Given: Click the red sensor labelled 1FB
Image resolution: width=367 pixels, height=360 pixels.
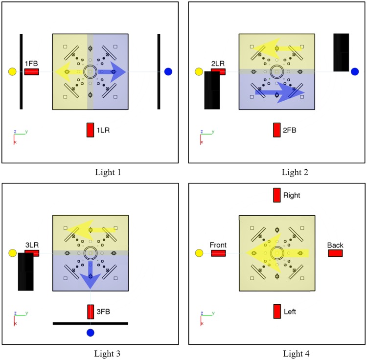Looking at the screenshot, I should tap(32, 72).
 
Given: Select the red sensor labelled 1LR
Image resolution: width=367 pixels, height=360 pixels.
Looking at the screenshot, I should tap(90, 130).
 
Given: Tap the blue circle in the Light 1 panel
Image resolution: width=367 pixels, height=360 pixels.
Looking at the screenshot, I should tap(168, 72).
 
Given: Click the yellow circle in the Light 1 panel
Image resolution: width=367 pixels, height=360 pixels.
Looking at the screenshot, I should tap(12, 72).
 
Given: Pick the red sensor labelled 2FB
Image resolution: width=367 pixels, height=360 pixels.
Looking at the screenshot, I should tap(277, 130).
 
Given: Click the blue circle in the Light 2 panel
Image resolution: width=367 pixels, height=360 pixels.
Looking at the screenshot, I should tap(355, 72).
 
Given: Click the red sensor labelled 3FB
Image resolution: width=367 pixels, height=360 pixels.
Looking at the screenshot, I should tap(91, 312).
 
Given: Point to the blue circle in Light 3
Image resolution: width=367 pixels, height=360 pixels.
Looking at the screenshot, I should tap(90, 333).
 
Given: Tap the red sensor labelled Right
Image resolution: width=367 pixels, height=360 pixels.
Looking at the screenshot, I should tap(277, 195).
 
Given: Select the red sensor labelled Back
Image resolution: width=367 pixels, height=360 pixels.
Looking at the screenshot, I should tap(335, 253).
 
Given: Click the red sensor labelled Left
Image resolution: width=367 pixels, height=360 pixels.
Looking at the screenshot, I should tap(277, 311).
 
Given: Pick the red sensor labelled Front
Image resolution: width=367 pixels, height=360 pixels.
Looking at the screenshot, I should tap(218, 253).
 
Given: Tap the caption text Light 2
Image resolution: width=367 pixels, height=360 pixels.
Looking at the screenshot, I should tap(295, 172).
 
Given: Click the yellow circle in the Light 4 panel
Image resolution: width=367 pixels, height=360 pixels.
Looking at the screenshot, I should tap(199, 253).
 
